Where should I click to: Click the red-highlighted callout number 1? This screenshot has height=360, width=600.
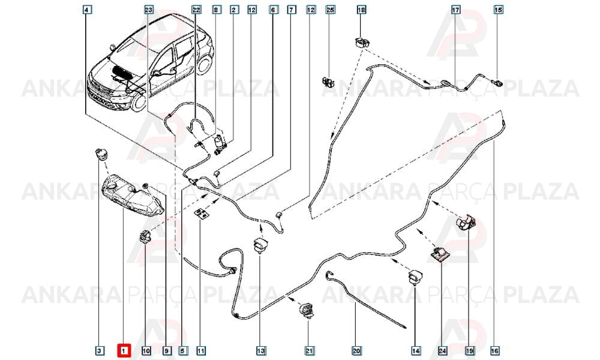pyautogui.click(x=124, y=350)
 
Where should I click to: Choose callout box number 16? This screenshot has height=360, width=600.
pyautogui.click(x=494, y=350)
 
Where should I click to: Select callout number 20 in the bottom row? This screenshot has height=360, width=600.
pyautogui.click(x=356, y=350)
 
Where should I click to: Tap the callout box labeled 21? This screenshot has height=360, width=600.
pyautogui.click(x=309, y=350)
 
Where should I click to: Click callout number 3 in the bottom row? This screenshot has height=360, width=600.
pyautogui.click(x=99, y=350)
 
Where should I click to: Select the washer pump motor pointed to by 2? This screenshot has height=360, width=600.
pyautogui.click(x=220, y=145)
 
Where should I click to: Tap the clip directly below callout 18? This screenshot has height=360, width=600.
pyautogui.click(x=361, y=43)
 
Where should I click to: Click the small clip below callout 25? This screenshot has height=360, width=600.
pyautogui.click(x=326, y=81)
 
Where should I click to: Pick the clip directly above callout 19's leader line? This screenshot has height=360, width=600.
pyautogui.click(x=466, y=222)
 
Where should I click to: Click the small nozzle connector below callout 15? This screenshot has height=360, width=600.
pyautogui.click(x=497, y=82)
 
